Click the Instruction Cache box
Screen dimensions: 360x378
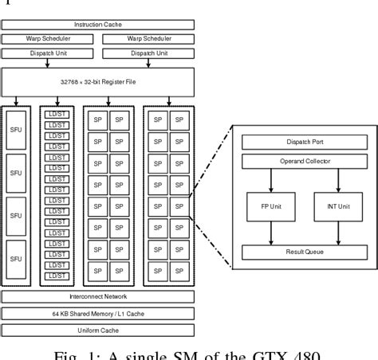point(99,25)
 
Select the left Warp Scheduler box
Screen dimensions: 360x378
point(49,38)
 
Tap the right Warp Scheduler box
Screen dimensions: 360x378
point(148,38)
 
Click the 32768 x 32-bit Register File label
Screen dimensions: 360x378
point(99,82)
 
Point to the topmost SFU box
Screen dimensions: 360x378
point(17,127)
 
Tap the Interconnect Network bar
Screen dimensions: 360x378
point(99,296)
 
